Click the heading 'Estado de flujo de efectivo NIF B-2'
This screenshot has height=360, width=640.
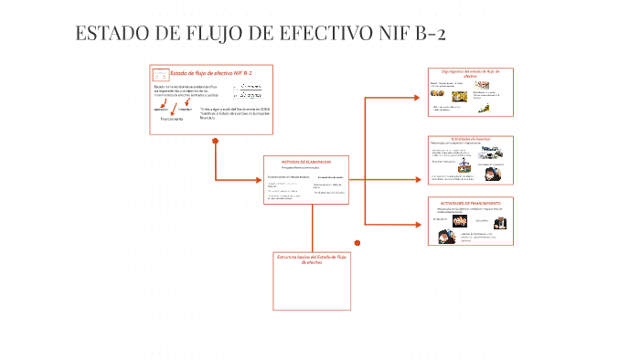click(x=211, y=72)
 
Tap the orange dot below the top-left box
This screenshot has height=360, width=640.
click(x=215, y=141)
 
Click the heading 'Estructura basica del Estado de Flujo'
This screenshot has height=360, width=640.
click(x=311, y=259)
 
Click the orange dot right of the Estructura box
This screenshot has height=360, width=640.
click(x=357, y=242)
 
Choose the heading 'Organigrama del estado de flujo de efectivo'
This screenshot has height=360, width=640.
click(x=471, y=73)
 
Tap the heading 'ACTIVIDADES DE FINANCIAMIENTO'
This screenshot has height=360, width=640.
click(x=471, y=202)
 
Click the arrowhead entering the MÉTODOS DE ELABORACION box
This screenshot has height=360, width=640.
click(x=260, y=179)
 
